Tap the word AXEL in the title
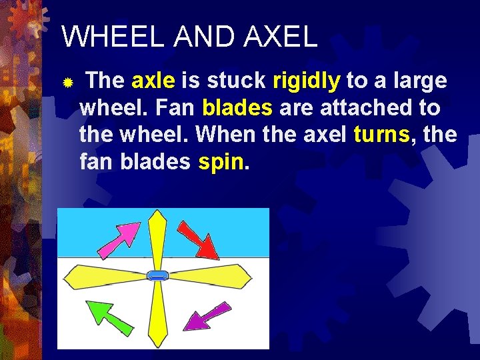pos(281,37)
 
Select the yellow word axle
pos(153,81)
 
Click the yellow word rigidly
pos(307,81)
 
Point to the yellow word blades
pos(237,108)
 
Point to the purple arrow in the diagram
pos(206,315)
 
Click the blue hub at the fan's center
pos(158,275)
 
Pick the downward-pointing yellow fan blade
pos(157,313)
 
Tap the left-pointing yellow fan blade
pos(107,276)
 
